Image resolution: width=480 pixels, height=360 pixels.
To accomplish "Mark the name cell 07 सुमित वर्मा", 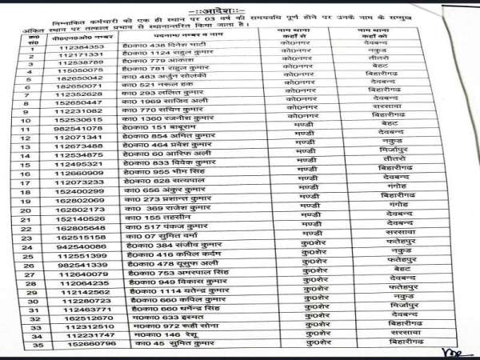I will pos(160,238).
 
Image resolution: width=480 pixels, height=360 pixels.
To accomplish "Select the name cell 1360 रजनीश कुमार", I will pos(167,118).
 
